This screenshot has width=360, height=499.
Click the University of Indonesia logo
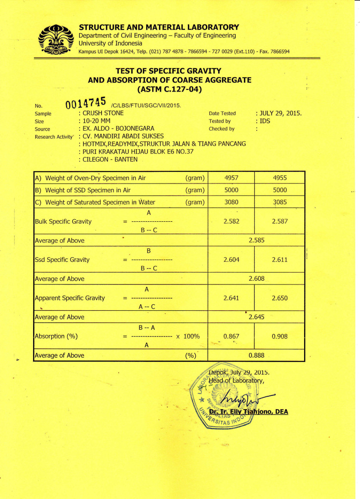tap(55, 40)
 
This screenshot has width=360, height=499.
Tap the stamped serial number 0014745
tap(86, 104)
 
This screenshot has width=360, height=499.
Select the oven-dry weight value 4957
tap(231, 178)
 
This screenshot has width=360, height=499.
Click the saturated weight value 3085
tap(280, 202)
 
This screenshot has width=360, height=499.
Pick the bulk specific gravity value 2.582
tap(231, 221)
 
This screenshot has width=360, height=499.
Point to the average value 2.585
tap(257, 241)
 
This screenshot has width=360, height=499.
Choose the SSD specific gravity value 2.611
tap(280, 260)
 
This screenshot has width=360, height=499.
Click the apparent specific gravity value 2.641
tap(231, 298)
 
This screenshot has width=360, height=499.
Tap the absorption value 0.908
tap(280, 336)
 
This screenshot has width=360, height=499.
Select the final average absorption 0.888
tap(256, 355)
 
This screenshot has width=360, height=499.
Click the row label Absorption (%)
tap(56, 336)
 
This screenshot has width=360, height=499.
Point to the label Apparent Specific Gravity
tap(70, 298)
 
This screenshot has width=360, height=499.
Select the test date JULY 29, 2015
tap(280, 113)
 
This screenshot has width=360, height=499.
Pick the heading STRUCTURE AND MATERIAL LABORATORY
tap(159, 28)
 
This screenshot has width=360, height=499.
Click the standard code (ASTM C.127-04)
tap(169, 89)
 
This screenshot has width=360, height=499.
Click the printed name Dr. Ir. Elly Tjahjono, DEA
tap(248, 412)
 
